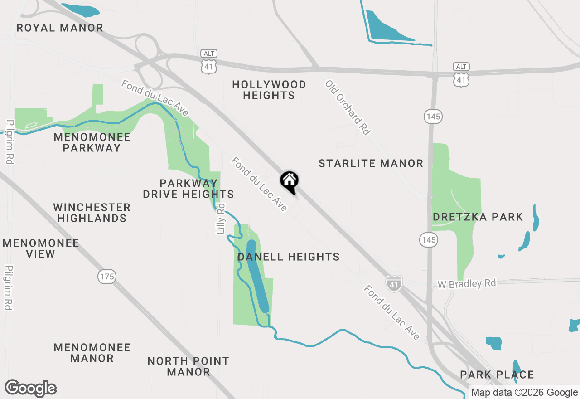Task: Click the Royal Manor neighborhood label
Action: click(x=60, y=28)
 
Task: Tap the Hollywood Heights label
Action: click(x=269, y=90)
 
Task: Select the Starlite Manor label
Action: click(x=371, y=163)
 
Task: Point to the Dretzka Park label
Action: click(x=478, y=217)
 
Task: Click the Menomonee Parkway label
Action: click(x=92, y=142)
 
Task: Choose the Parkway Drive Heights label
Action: click(x=188, y=189)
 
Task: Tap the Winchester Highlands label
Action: click(x=92, y=213)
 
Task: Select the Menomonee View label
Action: click(x=41, y=248)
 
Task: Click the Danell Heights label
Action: click(x=289, y=257)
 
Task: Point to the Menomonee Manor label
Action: click(x=92, y=353)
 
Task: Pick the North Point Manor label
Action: click(x=188, y=366)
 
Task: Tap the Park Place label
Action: click(x=497, y=375)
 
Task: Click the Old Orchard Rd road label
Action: click(x=348, y=107)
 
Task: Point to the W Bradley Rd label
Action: click(x=467, y=284)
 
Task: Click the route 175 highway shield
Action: click(x=107, y=276)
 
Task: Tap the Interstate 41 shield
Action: click(x=394, y=283)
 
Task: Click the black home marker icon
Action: click(x=289, y=182)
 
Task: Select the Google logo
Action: click(x=30, y=388)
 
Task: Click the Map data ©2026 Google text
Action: click(x=524, y=393)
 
